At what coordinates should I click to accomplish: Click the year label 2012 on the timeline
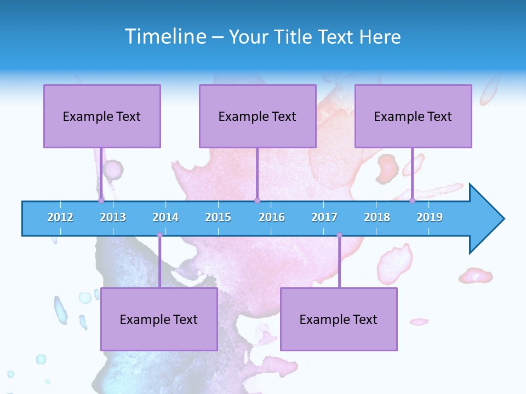(x=60, y=217)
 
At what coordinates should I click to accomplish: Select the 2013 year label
(x=113, y=217)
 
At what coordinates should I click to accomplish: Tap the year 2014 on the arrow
(x=165, y=217)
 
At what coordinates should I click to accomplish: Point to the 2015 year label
(x=218, y=217)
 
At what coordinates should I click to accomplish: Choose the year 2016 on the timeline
(x=272, y=217)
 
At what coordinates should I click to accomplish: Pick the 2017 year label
(x=324, y=217)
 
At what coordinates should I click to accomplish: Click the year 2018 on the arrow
(x=377, y=217)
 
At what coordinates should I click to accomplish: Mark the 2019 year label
(x=430, y=217)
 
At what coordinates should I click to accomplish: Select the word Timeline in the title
(x=165, y=37)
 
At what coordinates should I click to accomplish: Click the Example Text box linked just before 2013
(x=102, y=116)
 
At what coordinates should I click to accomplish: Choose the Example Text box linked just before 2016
(x=258, y=116)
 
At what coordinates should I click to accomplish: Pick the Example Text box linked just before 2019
(x=413, y=116)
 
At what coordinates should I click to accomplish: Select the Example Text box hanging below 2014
(x=159, y=319)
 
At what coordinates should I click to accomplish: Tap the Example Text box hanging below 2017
(x=339, y=319)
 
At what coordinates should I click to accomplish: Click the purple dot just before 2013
(x=101, y=200)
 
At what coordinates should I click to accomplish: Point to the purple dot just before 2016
(x=257, y=200)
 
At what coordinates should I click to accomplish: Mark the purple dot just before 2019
(x=413, y=200)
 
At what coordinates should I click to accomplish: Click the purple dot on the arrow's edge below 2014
(x=159, y=235)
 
